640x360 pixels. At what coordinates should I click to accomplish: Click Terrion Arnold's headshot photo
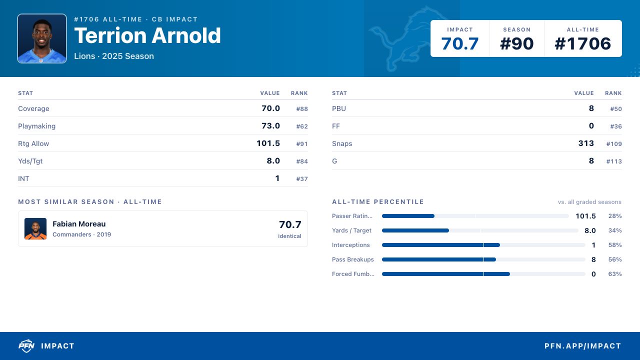pyautogui.click(x=42, y=38)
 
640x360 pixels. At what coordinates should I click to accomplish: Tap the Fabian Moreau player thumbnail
pyautogui.click(x=35, y=228)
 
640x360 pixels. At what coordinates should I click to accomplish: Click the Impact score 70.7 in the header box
pyautogui.click(x=459, y=43)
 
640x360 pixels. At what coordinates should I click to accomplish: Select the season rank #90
pyautogui.click(x=516, y=43)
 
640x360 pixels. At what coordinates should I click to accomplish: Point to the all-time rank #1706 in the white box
pyautogui.click(x=582, y=43)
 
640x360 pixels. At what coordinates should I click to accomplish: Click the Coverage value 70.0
pyautogui.click(x=270, y=108)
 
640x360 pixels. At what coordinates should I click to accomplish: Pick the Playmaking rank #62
pyautogui.click(x=301, y=126)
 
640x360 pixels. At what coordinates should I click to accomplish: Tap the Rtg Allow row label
pyautogui.click(x=33, y=143)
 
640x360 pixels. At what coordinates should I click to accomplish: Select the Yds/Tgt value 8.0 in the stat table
pyautogui.click(x=273, y=161)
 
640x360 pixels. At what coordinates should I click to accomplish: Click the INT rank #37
pyautogui.click(x=301, y=179)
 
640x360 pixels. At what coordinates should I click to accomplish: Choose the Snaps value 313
pyautogui.click(x=586, y=143)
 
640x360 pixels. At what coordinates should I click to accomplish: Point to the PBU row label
pyautogui.click(x=339, y=108)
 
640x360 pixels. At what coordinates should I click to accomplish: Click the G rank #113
pyautogui.click(x=614, y=161)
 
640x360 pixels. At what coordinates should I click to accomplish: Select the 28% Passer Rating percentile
pyautogui.click(x=615, y=216)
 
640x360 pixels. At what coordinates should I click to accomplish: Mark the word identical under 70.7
pyautogui.click(x=289, y=236)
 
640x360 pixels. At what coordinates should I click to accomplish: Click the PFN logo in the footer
pyautogui.click(x=26, y=345)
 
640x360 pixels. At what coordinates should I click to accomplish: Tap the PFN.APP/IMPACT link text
pyautogui.click(x=582, y=346)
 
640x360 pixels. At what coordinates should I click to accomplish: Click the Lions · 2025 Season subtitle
pyautogui.click(x=114, y=56)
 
